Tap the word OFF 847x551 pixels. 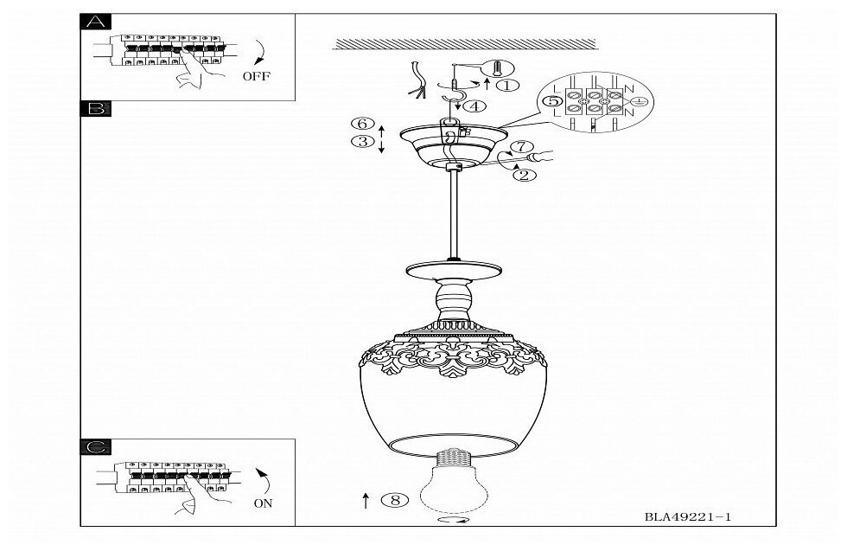[256, 76]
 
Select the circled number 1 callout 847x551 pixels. [507, 85]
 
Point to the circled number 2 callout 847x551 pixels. [523, 175]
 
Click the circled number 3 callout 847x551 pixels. [363, 142]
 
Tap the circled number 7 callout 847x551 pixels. [518, 147]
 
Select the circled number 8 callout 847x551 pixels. [395, 499]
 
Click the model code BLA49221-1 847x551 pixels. [688, 516]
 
